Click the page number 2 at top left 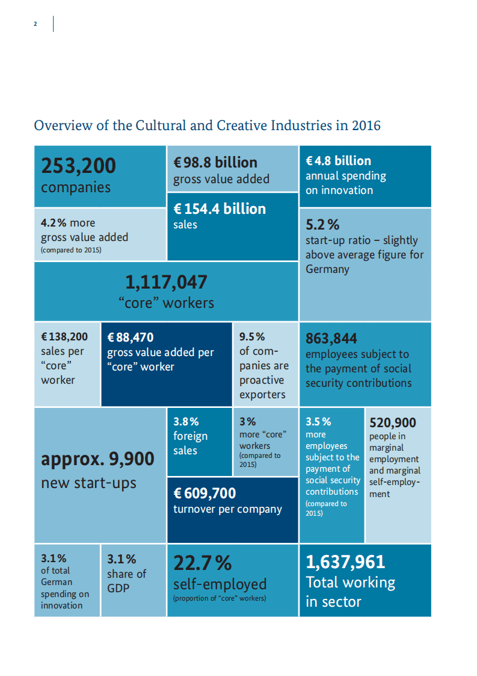(35, 24)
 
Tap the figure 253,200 (78, 165)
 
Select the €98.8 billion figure (215, 162)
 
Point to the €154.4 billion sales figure (220, 208)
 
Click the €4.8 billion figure (338, 161)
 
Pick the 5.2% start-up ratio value (322, 225)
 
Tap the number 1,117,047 (166, 282)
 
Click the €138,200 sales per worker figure (64, 337)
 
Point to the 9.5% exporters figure (252, 337)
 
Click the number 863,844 (331, 338)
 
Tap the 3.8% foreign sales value (186, 422)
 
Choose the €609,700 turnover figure (205, 493)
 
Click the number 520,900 (392, 423)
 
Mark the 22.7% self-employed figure (202, 563)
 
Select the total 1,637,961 (345, 562)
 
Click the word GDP (118, 588)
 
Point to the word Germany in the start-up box (327, 269)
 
